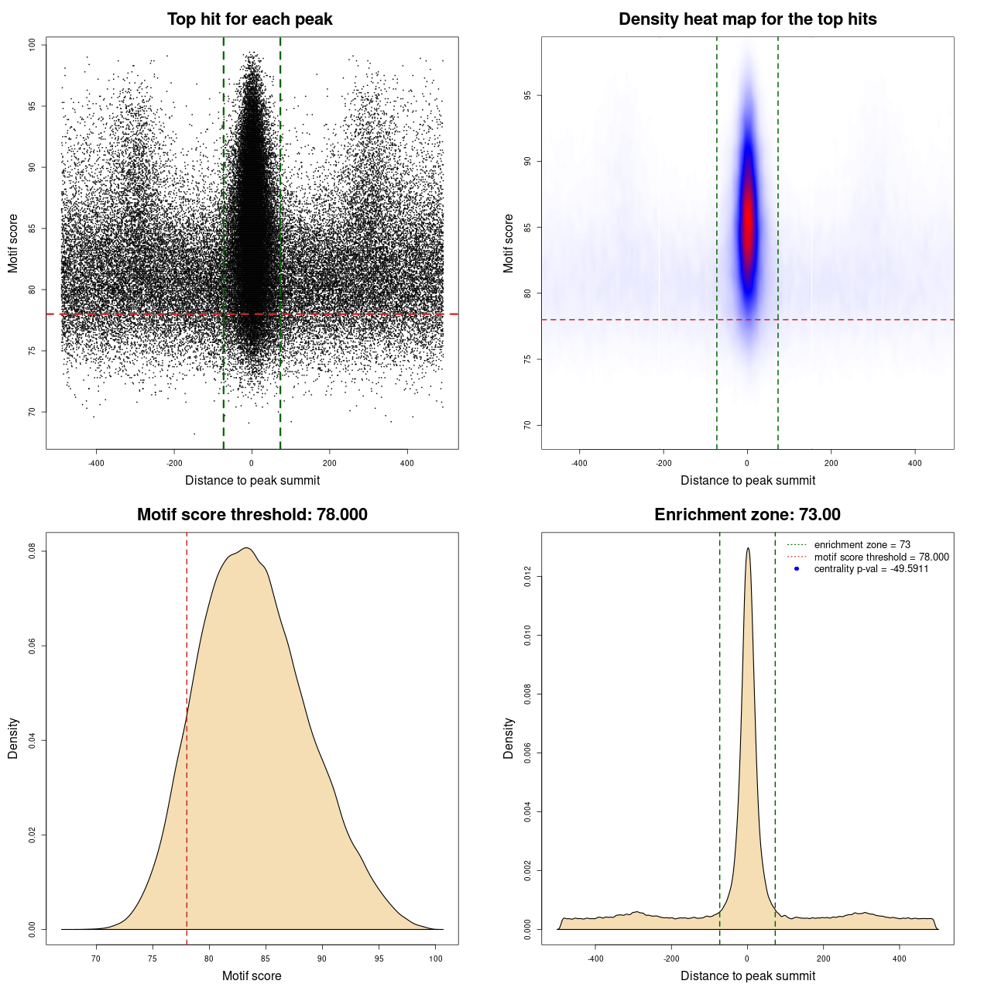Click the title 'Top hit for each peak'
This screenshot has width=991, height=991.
pyautogui.click(x=249, y=19)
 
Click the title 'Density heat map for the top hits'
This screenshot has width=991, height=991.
pyautogui.click(x=747, y=19)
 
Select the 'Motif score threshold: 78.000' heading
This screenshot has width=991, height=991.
pyautogui.click(x=252, y=515)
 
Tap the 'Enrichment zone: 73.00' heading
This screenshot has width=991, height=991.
pyautogui.click(x=747, y=515)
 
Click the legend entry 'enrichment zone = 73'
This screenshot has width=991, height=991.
pyautogui.click(x=862, y=545)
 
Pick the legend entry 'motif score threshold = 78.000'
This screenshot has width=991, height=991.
pyautogui.click(x=881, y=557)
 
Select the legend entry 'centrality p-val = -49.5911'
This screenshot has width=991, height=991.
pyautogui.click(x=871, y=569)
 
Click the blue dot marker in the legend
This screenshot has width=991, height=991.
pyautogui.click(x=797, y=569)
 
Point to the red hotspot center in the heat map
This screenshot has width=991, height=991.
pyautogui.click(x=748, y=228)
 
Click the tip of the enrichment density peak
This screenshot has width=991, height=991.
pyautogui.click(x=748, y=549)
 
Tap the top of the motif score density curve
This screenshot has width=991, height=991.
pyautogui.click(x=246, y=548)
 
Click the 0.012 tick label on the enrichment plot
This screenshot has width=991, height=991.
pyautogui.click(x=528, y=577)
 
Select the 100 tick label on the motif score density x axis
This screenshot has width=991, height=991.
pyautogui.click(x=436, y=958)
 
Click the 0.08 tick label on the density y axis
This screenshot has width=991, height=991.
pyautogui.click(x=33, y=551)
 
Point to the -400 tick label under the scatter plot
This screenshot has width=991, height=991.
pyautogui.click(x=96, y=463)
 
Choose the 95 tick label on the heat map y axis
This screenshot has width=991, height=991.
pyautogui.click(x=528, y=95)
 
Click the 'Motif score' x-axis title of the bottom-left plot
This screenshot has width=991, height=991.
pyautogui.click(x=252, y=976)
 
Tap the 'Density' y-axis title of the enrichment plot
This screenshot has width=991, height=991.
pyautogui.click(x=509, y=738)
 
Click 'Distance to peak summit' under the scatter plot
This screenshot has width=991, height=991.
pyautogui.click(x=252, y=480)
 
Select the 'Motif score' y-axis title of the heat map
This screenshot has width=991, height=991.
pyautogui.click(x=509, y=243)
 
